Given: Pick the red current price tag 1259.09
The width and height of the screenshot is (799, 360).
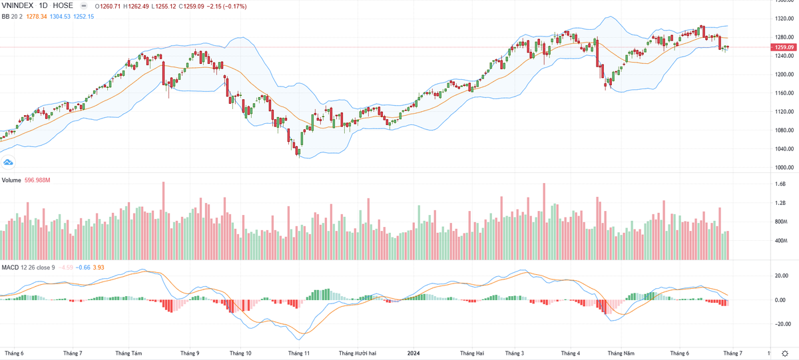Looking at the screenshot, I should (x=783, y=47).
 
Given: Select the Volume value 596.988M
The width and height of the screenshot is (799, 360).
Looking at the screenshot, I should (x=39, y=180).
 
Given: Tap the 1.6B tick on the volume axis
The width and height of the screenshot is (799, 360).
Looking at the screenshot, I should (x=780, y=184).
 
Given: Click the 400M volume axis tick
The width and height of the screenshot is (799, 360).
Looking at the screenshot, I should (x=782, y=240).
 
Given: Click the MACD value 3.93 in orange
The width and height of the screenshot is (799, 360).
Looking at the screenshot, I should (x=98, y=268).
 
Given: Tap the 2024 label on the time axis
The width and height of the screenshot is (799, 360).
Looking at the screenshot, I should (x=413, y=353).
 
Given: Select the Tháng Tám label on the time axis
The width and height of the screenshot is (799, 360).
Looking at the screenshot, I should (x=129, y=353).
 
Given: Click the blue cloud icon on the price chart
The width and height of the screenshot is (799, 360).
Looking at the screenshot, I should (x=9, y=162).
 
